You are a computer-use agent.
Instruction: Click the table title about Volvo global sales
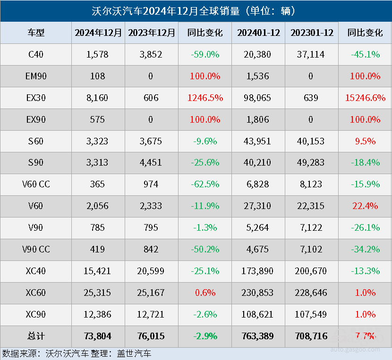tap(196, 11)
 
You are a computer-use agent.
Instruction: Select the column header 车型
tap(36, 33)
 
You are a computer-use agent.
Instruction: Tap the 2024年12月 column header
tap(98, 33)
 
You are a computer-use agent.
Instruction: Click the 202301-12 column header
tap(312, 33)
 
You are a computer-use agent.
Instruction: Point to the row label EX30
tap(36, 98)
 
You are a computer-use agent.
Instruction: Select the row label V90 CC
tap(36, 250)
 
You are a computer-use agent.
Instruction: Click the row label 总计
tap(36, 336)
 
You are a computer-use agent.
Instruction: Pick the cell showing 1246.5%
tap(205, 98)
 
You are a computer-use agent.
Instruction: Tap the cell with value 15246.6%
tap(365, 98)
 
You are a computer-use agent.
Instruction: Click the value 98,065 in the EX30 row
tap(258, 98)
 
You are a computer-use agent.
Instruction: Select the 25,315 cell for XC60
tap(98, 293)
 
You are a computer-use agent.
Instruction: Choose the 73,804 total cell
tap(98, 336)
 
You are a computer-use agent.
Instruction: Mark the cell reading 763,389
tap(258, 336)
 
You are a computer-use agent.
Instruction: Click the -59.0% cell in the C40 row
tap(205, 54)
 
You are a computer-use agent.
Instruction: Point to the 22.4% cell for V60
tap(365, 206)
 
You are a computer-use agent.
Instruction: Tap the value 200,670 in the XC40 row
tap(312, 271)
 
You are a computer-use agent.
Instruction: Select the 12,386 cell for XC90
tap(98, 315)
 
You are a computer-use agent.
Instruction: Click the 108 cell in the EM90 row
tap(98, 76)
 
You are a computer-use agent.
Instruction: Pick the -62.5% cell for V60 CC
tap(205, 184)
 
